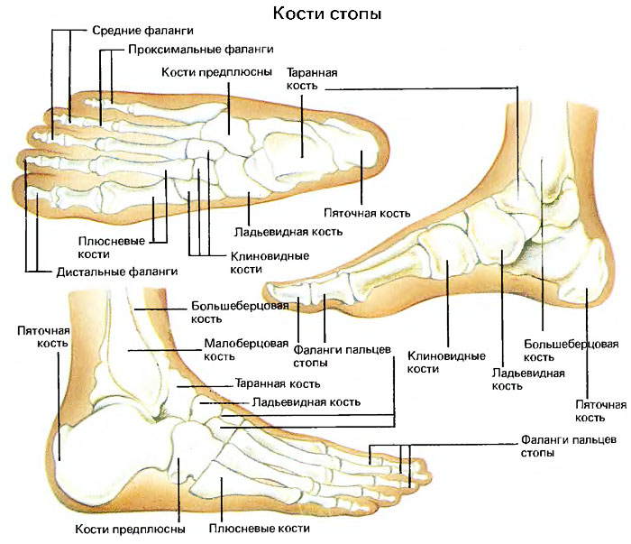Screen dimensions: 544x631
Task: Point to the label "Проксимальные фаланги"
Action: [200, 49]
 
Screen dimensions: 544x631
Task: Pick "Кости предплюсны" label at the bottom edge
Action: [131, 529]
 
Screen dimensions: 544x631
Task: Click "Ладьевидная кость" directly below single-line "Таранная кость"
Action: [306, 401]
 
